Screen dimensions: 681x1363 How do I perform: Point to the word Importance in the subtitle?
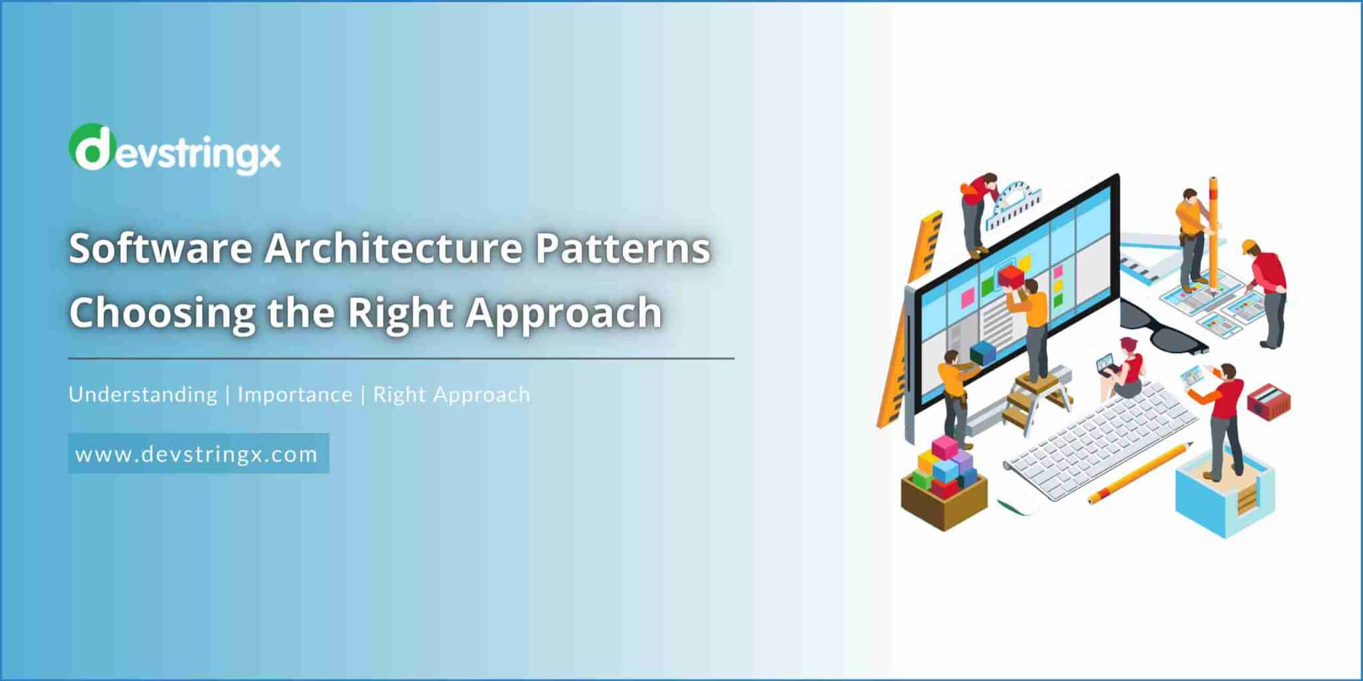295,394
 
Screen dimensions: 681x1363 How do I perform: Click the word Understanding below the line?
143,394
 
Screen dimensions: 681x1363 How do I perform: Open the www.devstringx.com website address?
197,454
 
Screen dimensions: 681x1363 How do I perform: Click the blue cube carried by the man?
982,353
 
